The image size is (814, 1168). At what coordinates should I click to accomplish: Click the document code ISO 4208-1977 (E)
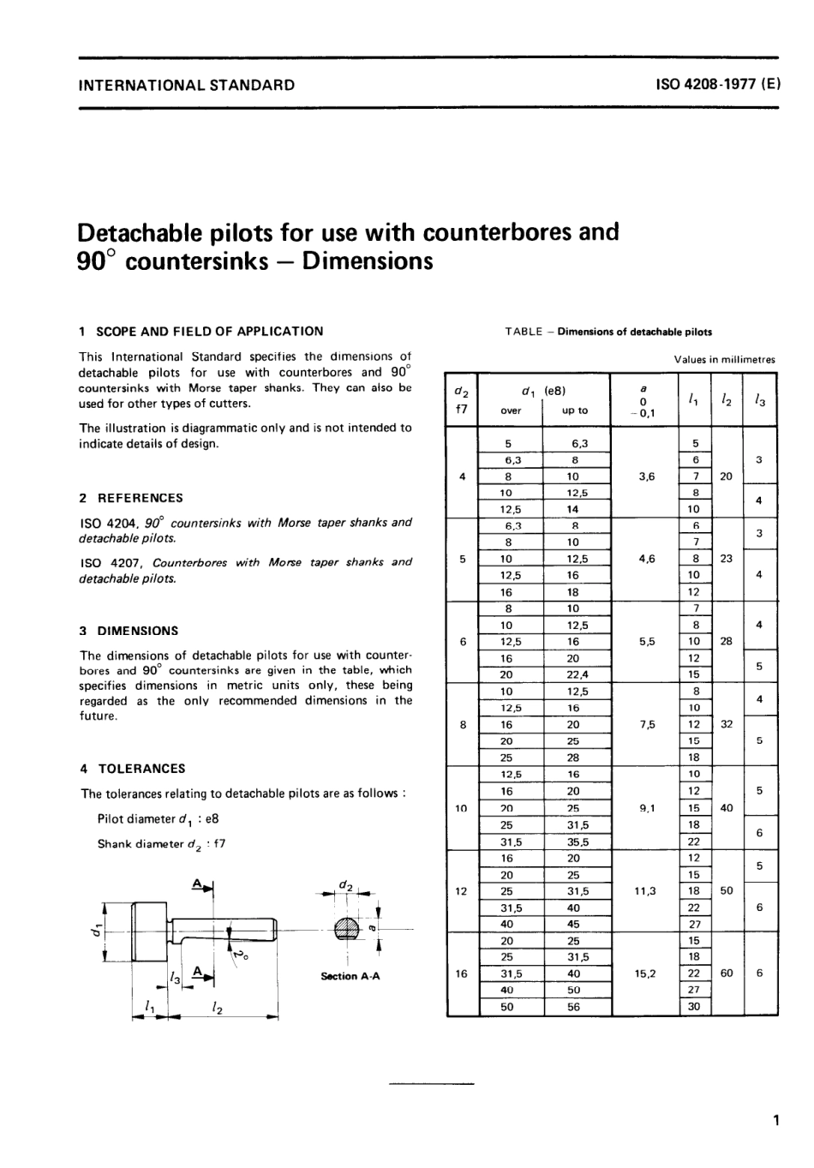717,85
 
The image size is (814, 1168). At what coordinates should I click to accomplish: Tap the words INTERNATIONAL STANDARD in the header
187,85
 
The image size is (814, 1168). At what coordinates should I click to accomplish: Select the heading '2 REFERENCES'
131,498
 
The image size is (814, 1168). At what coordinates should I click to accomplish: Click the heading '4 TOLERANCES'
132,769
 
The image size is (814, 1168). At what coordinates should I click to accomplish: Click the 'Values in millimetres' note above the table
724,360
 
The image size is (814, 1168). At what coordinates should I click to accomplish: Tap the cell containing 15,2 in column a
646,973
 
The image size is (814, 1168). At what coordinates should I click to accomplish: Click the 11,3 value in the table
646,891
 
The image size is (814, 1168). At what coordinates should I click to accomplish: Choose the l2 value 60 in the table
727,973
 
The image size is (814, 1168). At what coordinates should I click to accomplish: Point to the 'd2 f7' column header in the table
462,399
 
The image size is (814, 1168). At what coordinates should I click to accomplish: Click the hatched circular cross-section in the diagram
347,929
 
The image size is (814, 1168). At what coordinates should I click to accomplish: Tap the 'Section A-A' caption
350,976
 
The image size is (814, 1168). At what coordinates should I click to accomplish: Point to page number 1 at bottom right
775,1120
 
